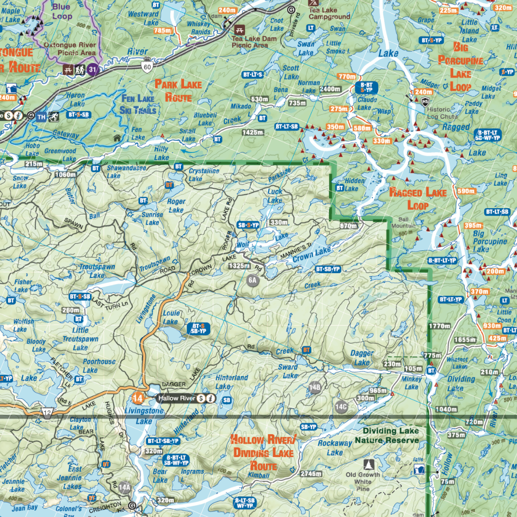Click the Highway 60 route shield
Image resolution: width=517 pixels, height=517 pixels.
147,66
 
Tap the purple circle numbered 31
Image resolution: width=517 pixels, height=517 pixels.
93,69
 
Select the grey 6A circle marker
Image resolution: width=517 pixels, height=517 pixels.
252,280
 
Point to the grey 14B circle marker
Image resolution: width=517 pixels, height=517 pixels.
315,387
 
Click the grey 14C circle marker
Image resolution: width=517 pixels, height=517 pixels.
341,406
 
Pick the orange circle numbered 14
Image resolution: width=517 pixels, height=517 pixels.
138,398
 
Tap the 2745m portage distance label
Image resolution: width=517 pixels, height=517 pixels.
311,473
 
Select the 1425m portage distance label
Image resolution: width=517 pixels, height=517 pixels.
253,132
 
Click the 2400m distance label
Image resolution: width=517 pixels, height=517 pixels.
330,89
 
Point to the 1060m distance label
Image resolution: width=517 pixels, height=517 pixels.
65,174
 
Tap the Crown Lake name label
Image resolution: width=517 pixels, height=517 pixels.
311,254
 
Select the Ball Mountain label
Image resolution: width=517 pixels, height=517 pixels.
403,222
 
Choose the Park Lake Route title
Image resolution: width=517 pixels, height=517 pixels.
178,90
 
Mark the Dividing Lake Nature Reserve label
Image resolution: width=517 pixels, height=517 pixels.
386,436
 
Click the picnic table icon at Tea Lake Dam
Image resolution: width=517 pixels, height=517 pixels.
240,30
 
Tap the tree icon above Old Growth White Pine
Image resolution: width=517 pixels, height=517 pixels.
368,464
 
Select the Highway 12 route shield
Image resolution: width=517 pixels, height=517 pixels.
47,412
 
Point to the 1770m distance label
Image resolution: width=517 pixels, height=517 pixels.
439,326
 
